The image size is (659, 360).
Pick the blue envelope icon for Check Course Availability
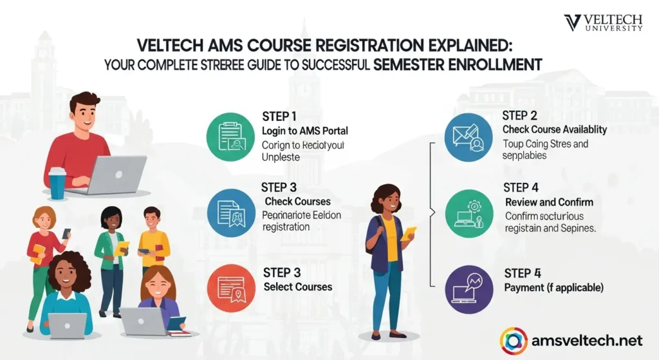pyautogui.click(x=468, y=137)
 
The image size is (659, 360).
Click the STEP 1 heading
pyautogui.click(x=279, y=117)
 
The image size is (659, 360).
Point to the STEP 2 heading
pyautogui.click(x=520, y=116)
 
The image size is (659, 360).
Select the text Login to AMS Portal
pyautogui.click(x=305, y=131)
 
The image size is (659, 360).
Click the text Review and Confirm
pyautogui.click(x=549, y=202)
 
